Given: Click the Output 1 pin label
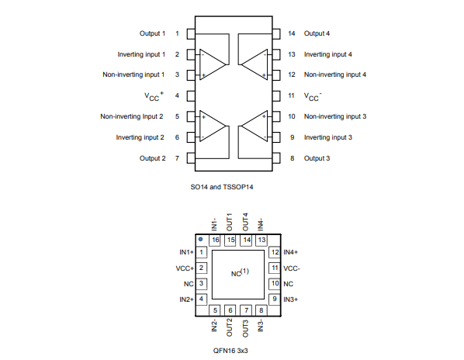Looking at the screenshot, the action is [x=152, y=33].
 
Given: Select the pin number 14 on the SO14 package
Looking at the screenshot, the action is [x=292, y=33].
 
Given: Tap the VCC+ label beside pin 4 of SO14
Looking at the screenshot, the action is [x=154, y=96].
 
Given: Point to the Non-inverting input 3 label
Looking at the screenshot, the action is [x=335, y=116].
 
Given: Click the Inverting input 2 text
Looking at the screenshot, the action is [x=140, y=137].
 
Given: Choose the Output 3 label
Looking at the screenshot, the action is [x=317, y=158].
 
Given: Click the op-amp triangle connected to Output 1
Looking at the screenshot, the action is [x=213, y=64].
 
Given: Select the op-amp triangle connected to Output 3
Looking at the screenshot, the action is [x=255, y=126].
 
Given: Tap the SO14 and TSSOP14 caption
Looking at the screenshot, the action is [x=222, y=187].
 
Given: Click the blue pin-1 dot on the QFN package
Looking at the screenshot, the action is [x=201, y=239].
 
